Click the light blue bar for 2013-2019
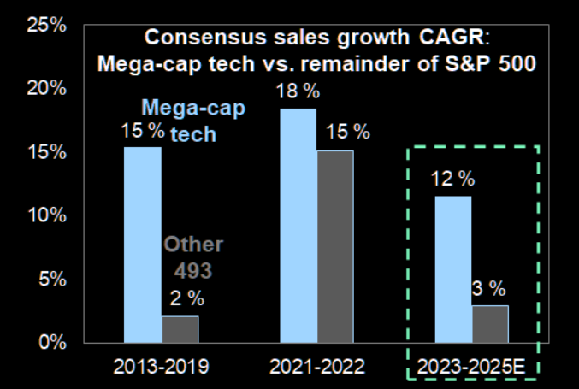point(143,245)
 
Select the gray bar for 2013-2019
point(180,329)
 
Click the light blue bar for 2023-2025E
point(453,268)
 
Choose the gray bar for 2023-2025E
point(491,323)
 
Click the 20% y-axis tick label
point(47,88)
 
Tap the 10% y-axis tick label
point(47,215)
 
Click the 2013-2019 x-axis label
point(162,368)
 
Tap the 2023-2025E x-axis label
point(472,368)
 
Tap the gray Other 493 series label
point(193,257)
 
